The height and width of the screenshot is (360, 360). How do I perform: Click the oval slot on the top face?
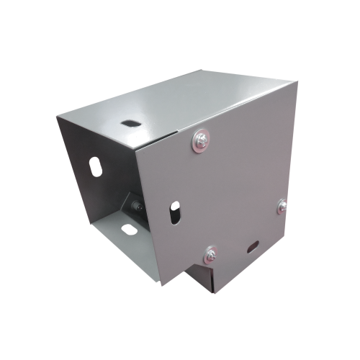pyautogui.click(x=130, y=122)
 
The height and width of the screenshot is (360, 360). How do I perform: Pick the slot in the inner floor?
pyautogui.click(x=128, y=230)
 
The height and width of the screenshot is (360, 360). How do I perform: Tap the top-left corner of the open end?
pyautogui.click(x=55, y=117)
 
